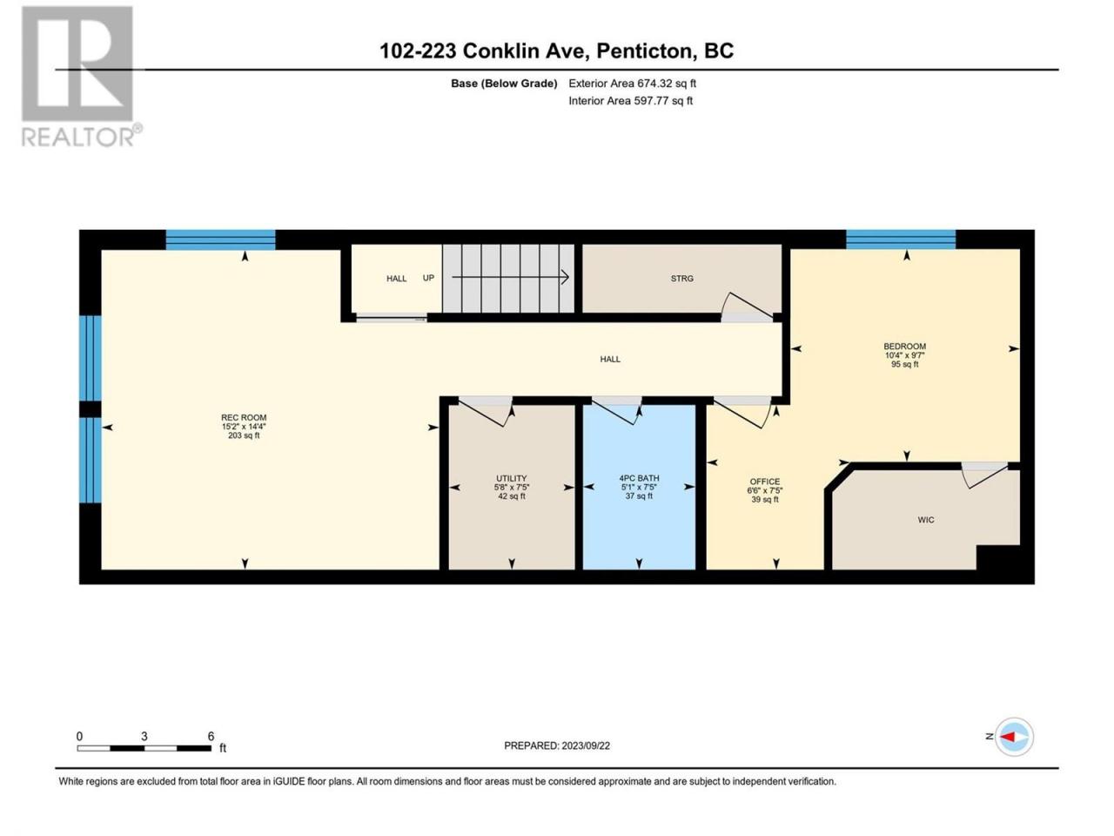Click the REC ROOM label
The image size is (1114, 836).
click(x=244, y=418)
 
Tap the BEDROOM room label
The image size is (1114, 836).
click(x=904, y=347)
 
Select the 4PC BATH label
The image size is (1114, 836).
click(x=639, y=478)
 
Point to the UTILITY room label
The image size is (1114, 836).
click(x=511, y=478)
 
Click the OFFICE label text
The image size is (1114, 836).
click(x=765, y=482)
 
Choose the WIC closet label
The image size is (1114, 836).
click(x=926, y=520)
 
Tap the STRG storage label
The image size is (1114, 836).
click(x=681, y=279)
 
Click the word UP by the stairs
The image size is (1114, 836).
click(x=428, y=278)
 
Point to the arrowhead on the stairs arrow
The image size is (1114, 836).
click(x=564, y=277)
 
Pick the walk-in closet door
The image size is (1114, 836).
click(x=983, y=475)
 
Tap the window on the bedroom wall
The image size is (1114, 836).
click(x=901, y=239)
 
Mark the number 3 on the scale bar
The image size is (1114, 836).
click(x=144, y=736)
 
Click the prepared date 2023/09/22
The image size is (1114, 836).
click(x=585, y=745)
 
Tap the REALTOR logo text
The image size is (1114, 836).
click(x=77, y=137)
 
